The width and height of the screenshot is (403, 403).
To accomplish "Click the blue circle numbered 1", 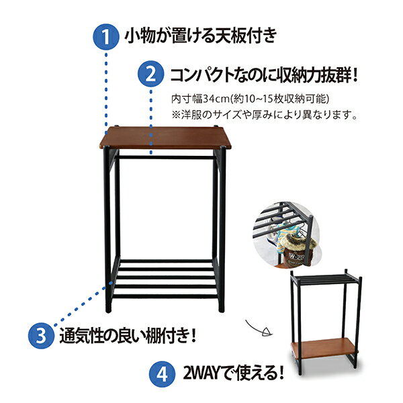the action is pyautogui.click(x=106, y=37).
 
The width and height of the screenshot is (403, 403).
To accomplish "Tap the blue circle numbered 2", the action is pyautogui.click(x=151, y=74).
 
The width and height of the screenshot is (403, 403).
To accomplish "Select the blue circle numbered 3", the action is pyautogui.click(x=41, y=335).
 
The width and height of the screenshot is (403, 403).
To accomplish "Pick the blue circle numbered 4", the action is pyautogui.click(x=162, y=373).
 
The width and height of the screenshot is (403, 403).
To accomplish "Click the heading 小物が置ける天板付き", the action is pyautogui.click(x=201, y=36).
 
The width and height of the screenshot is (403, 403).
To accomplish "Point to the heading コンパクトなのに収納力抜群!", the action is pyautogui.click(x=264, y=75).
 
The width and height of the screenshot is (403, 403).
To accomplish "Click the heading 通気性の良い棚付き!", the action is pyautogui.click(x=128, y=335).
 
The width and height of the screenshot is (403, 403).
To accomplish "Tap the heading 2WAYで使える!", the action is pyautogui.click(x=233, y=373).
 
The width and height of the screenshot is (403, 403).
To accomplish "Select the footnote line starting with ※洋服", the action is pyautogui.click(x=265, y=115).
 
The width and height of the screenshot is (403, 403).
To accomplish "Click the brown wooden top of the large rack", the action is pyautogui.click(x=165, y=138).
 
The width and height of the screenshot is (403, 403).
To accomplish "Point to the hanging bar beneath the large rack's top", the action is pyautogui.click(x=166, y=156).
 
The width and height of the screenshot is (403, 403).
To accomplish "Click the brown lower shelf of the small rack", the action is pyautogui.click(x=324, y=348).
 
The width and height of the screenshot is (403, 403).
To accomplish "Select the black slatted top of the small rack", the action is pyautogui.click(x=325, y=278).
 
